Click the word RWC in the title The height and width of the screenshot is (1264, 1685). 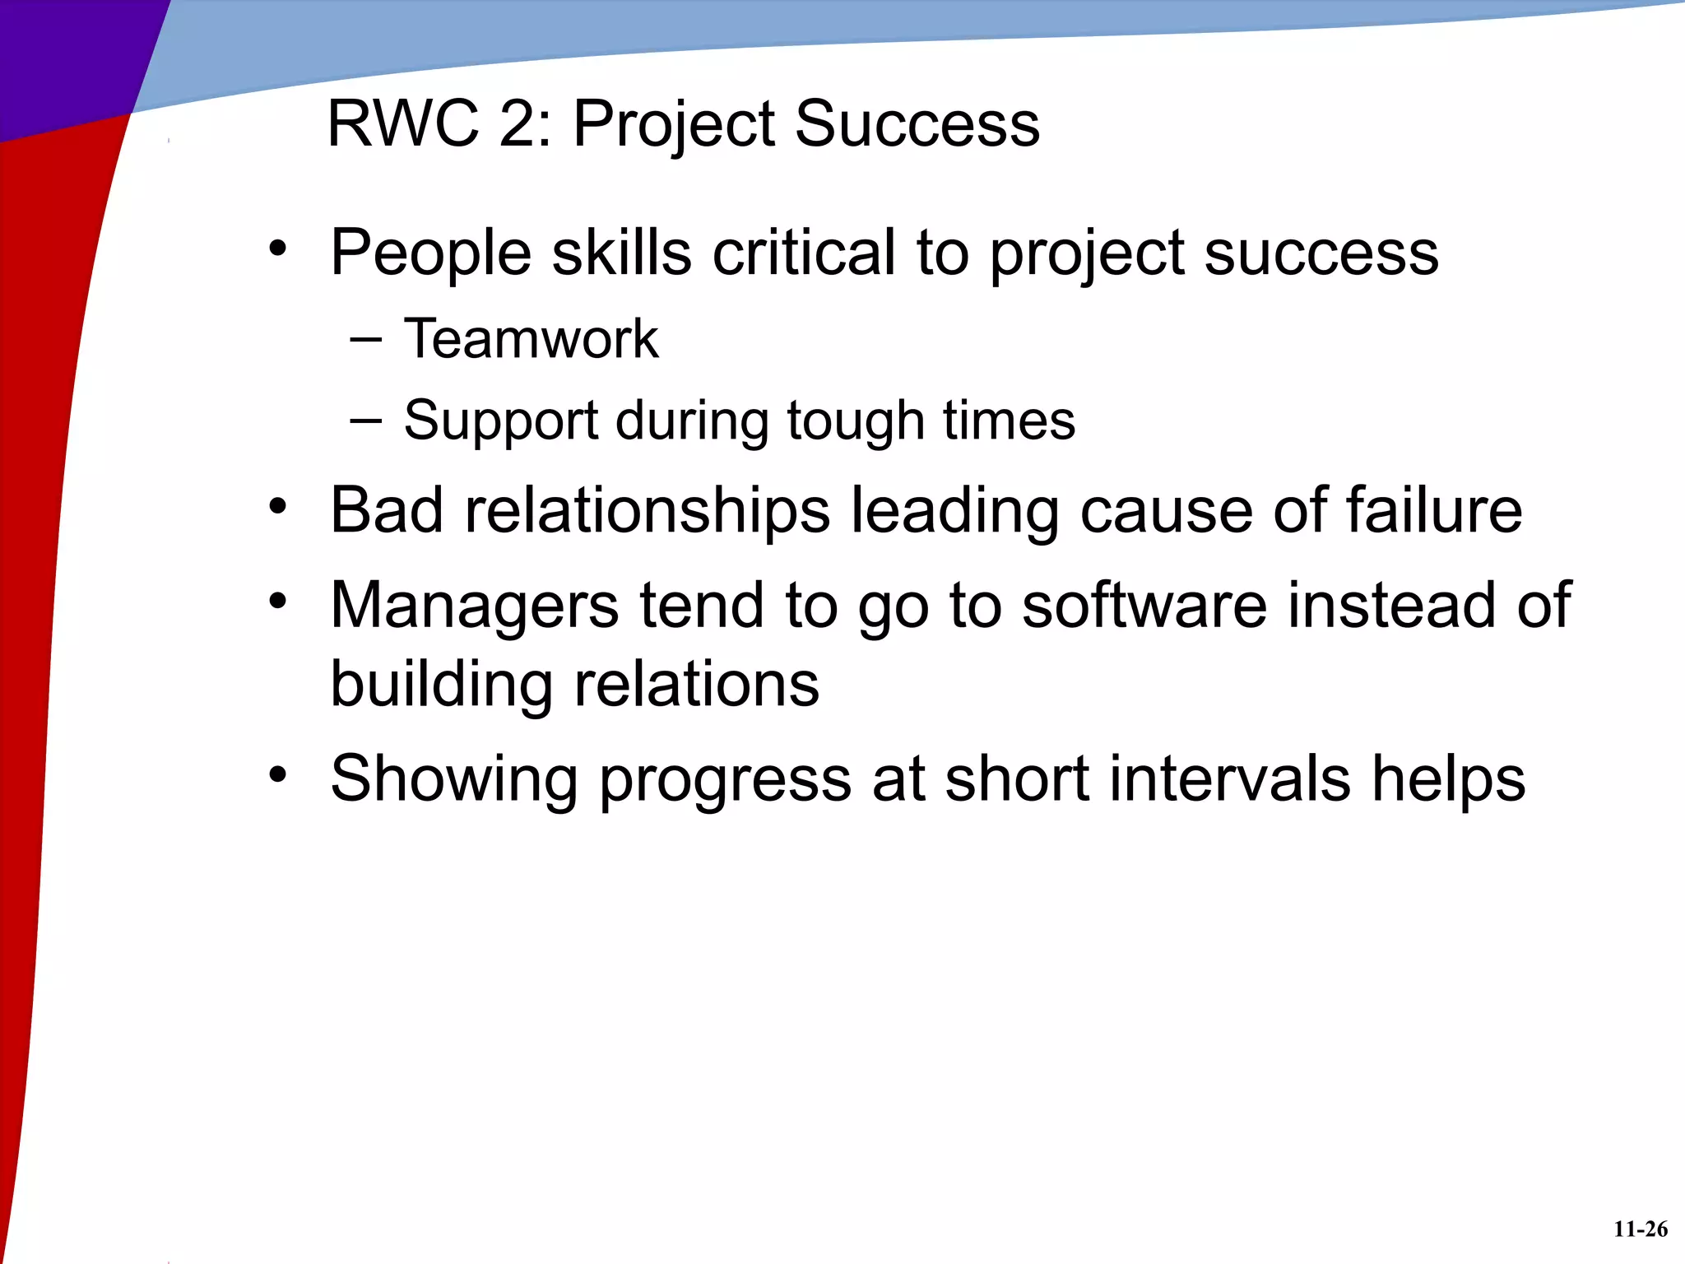pyautogui.click(x=402, y=124)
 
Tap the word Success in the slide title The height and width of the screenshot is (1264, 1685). pyautogui.click(x=917, y=124)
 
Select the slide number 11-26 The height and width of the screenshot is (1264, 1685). pyautogui.click(x=1640, y=1229)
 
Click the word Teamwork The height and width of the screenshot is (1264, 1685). pyautogui.click(x=531, y=339)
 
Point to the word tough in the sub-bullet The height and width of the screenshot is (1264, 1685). pyautogui.click(x=856, y=421)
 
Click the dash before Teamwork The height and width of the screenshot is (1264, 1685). pyautogui.click(x=365, y=340)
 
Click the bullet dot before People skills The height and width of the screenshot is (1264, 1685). pyautogui.click(x=278, y=248)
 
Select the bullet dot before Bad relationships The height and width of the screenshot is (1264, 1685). pyautogui.click(x=278, y=506)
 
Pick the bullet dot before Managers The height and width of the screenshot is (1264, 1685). pyautogui.click(x=278, y=601)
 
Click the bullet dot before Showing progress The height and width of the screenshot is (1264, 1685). pyautogui.click(x=278, y=774)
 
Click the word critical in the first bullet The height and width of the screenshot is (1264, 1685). pyautogui.click(x=803, y=253)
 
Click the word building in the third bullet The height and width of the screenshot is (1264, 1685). pyautogui.click(x=441, y=685)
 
